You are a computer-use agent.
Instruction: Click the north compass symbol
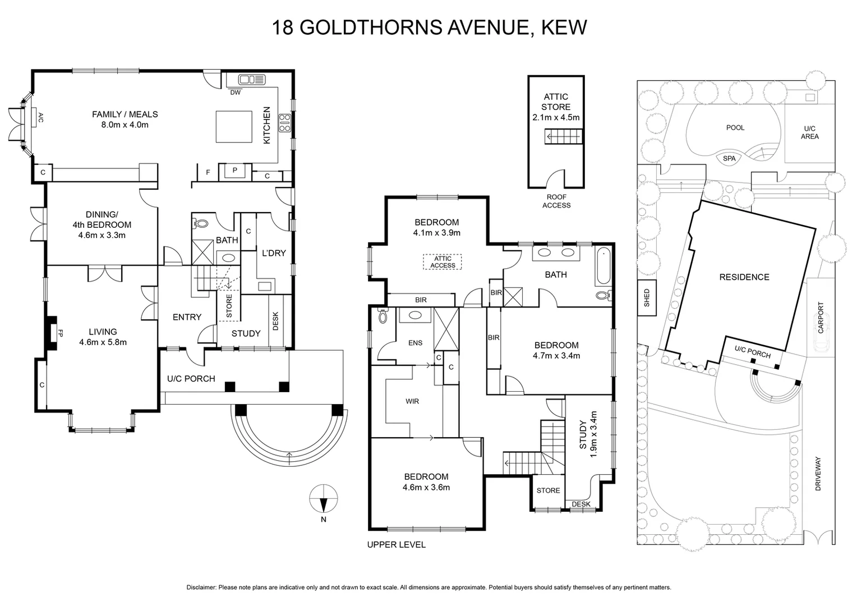[324, 498]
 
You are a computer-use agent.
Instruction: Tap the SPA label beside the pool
[729, 159]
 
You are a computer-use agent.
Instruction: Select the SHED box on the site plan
[647, 297]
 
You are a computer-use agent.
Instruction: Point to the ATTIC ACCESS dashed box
[443, 262]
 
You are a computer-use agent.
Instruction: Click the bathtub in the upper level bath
[603, 265]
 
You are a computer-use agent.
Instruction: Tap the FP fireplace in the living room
[52, 333]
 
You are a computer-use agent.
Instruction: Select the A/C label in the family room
[40, 117]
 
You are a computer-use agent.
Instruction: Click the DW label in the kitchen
[236, 93]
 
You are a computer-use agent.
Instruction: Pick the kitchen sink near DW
[251, 80]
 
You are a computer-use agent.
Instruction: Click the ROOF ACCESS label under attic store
[556, 201]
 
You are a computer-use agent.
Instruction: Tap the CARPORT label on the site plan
[821, 318]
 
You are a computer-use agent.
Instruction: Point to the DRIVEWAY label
[818, 474]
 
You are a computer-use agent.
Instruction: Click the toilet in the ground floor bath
[200, 223]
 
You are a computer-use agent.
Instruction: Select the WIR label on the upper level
[412, 401]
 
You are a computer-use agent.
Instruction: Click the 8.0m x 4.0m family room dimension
[125, 125]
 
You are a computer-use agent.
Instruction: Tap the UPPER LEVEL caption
[396, 544]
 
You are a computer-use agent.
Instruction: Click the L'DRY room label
[274, 253]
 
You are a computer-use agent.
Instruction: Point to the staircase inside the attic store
[564, 136]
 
